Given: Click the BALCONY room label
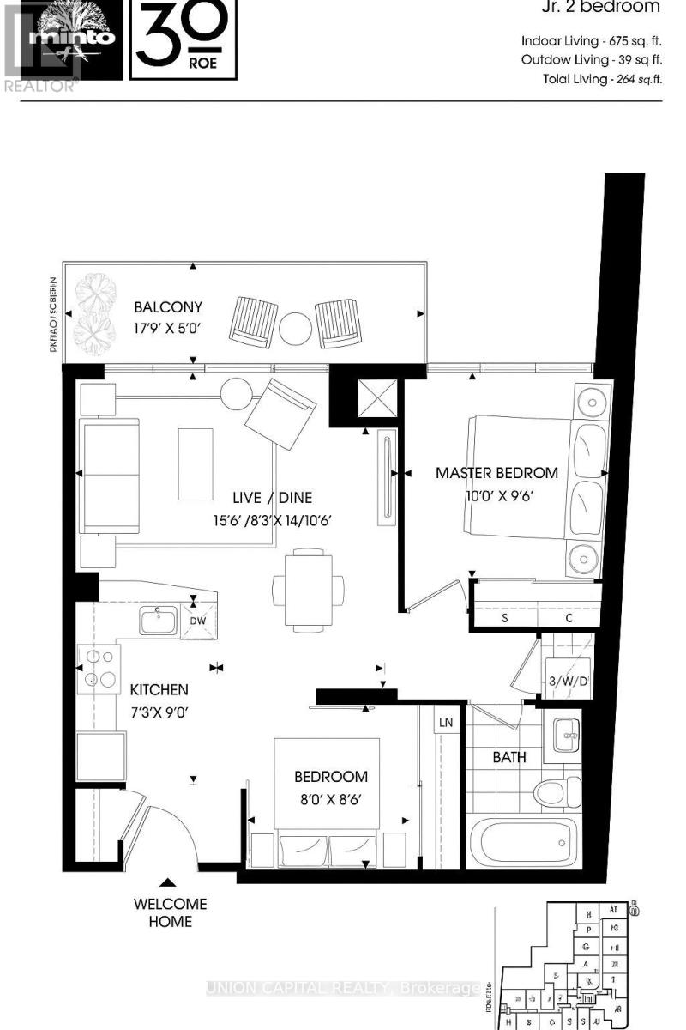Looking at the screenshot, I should click(168, 306).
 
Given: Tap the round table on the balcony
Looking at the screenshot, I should click(297, 327).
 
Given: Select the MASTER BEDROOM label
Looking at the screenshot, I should click(496, 472).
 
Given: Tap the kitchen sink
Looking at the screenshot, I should click(158, 620).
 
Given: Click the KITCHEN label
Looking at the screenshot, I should click(159, 689).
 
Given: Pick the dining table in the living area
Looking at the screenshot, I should click(308, 590).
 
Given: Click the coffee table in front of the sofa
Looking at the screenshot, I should click(195, 463).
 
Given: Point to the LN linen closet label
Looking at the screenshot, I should click(446, 723).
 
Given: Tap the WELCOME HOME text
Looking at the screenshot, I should click(170, 912).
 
